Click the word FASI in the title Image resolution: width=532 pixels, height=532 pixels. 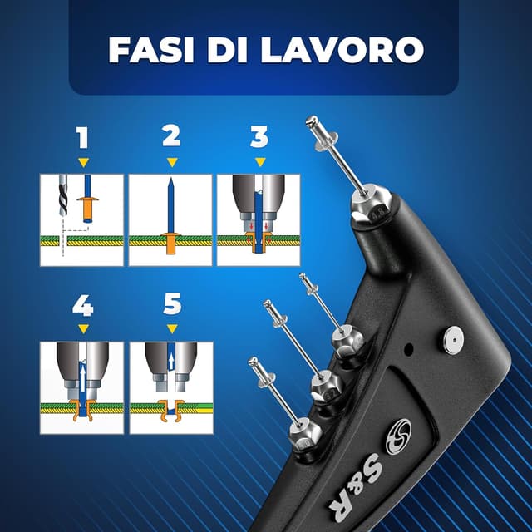[x=148, y=50]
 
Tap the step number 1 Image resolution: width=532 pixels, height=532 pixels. [x=82, y=136]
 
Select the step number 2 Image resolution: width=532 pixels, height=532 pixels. [x=171, y=136]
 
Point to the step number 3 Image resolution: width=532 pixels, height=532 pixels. [x=259, y=136]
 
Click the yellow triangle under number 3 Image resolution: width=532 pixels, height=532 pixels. [x=259, y=161]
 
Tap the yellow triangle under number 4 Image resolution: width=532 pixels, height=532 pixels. [x=82, y=330]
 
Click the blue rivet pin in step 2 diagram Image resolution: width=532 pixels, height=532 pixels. [x=170, y=208]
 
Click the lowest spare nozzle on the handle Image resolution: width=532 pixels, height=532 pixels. [x=304, y=432]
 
